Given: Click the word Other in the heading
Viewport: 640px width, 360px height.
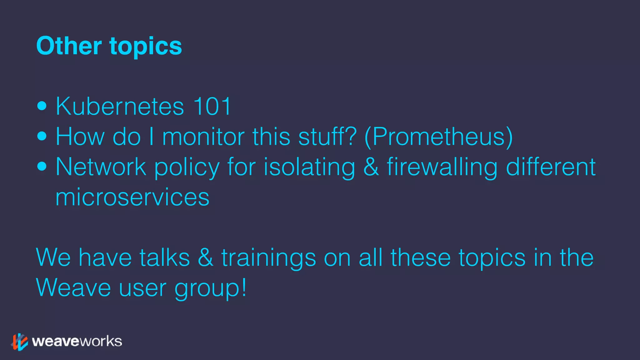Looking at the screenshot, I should [69, 46].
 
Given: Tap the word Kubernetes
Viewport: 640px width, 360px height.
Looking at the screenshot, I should [120, 106].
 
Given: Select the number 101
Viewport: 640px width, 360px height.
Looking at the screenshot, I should [212, 106].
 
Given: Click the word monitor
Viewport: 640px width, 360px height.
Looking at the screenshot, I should [203, 137].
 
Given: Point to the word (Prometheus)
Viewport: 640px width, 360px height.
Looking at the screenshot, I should [439, 137].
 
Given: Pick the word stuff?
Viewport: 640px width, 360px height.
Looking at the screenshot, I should [327, 137].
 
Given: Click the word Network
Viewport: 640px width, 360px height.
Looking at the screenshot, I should [101, 167].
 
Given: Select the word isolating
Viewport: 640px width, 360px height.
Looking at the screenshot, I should [309, 167].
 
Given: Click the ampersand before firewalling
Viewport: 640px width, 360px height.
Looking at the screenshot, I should [371, 167].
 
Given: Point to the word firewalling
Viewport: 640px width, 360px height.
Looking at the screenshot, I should [442, 167].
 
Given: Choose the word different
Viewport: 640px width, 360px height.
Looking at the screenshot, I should [551, 167].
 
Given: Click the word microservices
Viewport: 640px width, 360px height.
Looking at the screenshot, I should [132, 197].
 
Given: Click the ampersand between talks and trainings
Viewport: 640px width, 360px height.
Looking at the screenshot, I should [206, 258].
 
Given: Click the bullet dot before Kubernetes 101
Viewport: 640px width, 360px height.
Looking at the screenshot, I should [42, 106].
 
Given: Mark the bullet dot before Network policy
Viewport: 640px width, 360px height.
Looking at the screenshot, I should [42, 167].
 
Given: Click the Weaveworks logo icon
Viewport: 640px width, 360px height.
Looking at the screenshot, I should [20, 342].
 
